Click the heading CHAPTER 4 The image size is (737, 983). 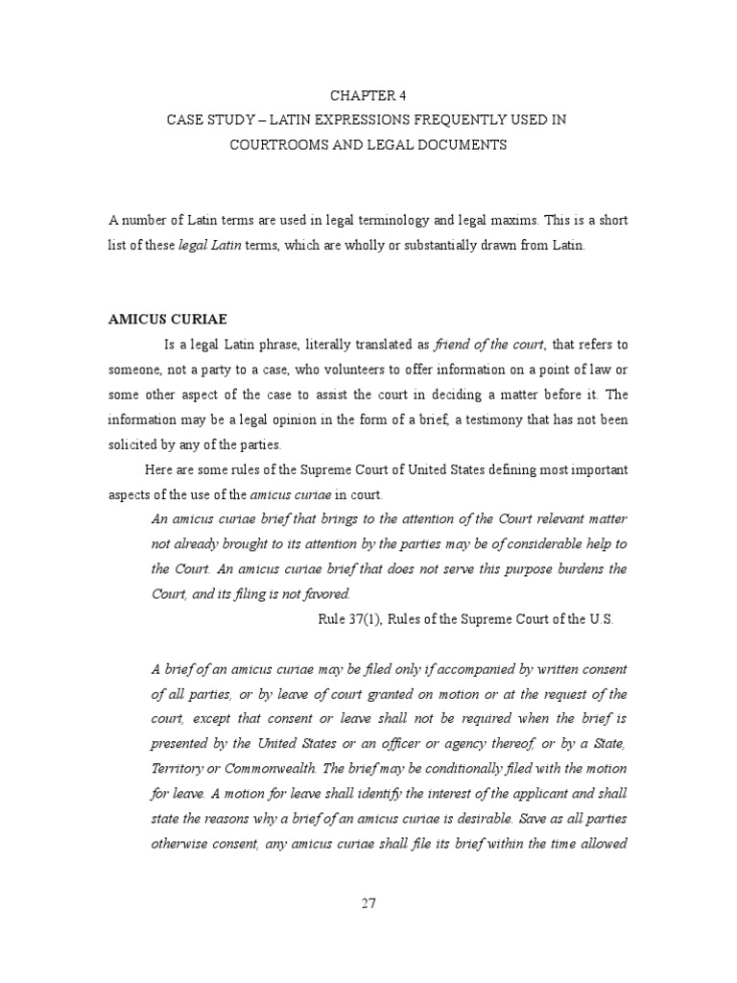tap(368, 95)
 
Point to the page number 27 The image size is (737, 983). tap(368, 901)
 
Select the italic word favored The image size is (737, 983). tap(324, 594)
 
